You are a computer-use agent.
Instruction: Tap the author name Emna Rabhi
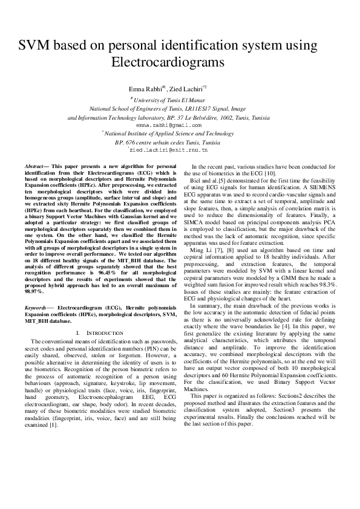pos(146,89)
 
